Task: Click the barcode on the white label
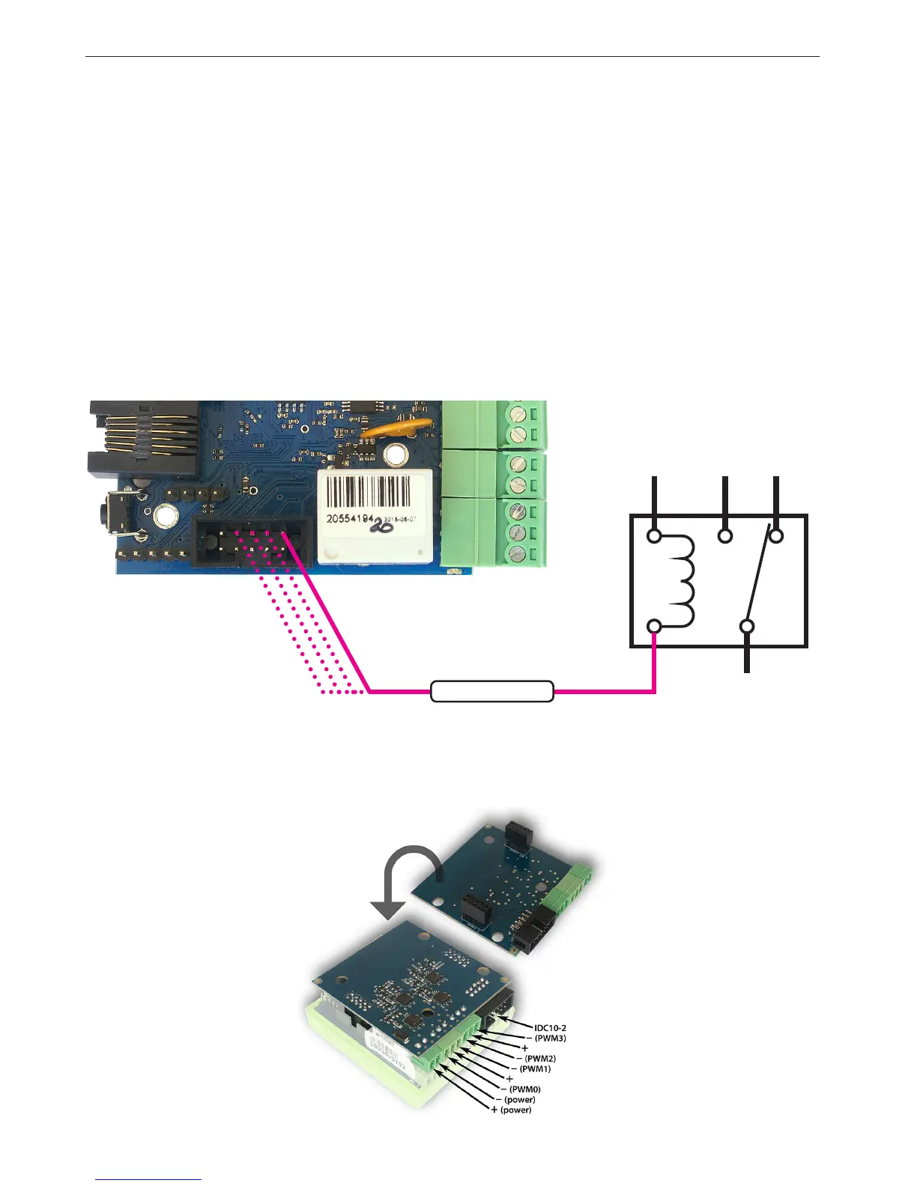375,492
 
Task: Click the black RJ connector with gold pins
142,439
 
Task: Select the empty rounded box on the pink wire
492,691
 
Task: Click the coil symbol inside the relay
684,581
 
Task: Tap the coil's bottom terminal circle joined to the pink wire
654,626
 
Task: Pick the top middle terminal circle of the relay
725,536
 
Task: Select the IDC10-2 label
550,1028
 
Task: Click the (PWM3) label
551,1038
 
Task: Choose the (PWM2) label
540,1059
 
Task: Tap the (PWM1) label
535,1069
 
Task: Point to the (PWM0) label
524,1089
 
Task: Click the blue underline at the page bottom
148,1180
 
